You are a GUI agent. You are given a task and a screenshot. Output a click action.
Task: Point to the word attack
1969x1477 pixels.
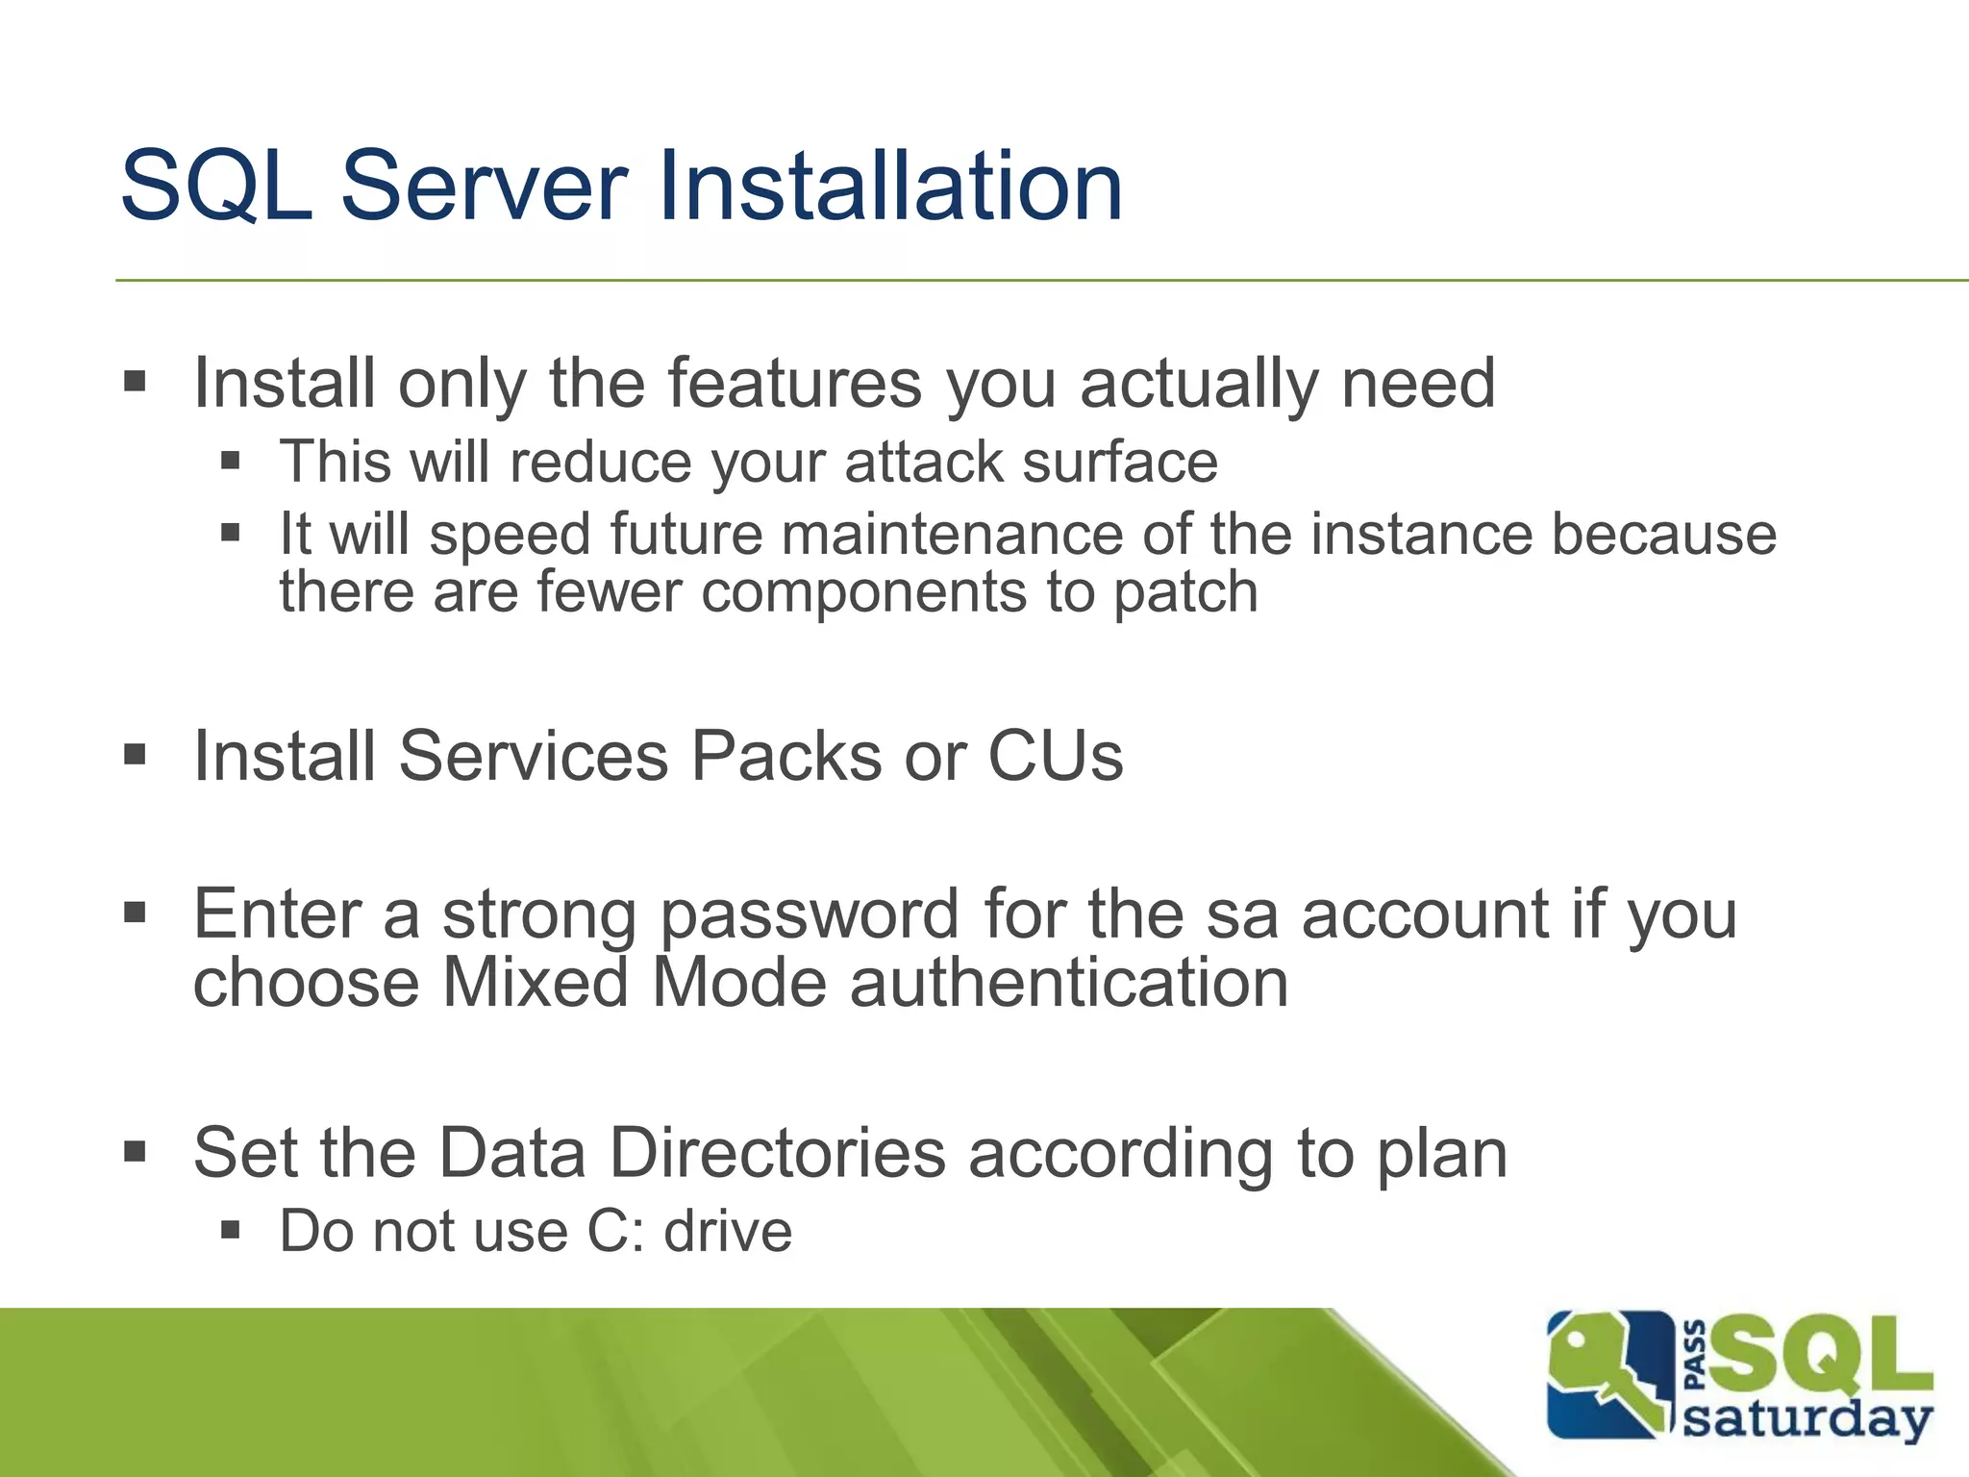[923, 462]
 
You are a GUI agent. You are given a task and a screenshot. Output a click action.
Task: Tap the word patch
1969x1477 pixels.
[1185, 592]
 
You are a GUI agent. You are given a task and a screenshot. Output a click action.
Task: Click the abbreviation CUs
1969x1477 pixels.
[1056, 756]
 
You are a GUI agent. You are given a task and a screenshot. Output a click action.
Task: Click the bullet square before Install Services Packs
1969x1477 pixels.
[135, 755]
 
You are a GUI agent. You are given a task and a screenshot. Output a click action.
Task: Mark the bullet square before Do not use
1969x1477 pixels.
[230, 1229]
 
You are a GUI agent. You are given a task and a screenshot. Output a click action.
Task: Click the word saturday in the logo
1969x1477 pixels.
[1807, 1420]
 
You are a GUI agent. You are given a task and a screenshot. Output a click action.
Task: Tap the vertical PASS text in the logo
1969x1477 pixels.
[1696, 1356]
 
